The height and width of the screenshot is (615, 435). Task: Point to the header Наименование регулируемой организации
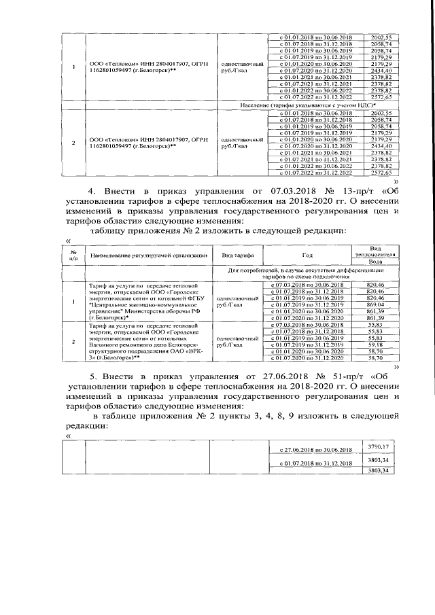[147, 255]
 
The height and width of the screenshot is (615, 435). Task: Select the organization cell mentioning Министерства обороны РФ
[147, 302]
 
